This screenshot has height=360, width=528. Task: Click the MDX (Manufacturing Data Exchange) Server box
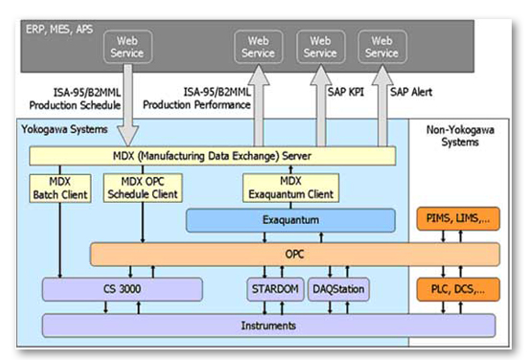coord(212,155)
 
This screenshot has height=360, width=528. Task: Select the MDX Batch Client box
coord(60,189)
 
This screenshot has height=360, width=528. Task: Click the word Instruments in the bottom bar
coord(269,326)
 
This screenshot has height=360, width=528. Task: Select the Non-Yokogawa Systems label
coord(455,135)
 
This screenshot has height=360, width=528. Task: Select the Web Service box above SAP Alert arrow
coord(381,47)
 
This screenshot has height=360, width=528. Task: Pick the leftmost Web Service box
coord(128,47)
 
